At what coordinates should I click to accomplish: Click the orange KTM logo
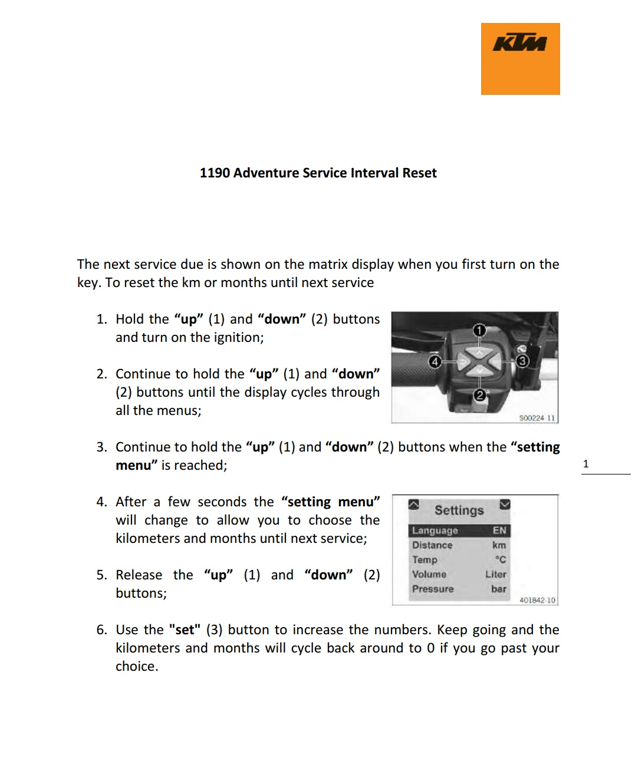pos(520,58)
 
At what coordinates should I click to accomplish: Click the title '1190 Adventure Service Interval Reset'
pos(318,173)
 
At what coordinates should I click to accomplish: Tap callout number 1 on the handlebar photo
pos(479,330)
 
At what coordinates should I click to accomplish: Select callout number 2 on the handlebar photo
pos(480,395)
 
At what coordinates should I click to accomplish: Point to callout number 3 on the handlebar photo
pos(522,361)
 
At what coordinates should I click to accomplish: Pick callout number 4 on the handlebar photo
pos(435,361)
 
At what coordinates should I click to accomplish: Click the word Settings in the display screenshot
pos(459,510)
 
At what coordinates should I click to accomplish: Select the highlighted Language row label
pos(435,530)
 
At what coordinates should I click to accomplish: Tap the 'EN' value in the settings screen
pos(499,530)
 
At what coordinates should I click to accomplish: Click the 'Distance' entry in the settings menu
pos(432,545)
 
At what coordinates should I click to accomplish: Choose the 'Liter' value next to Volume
pos(496,574)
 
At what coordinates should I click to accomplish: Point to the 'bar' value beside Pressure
pos(499,589)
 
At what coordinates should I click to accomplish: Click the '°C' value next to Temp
pos(501,559)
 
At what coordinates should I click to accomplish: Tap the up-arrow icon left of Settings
pos(414,505)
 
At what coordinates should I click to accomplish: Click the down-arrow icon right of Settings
pos(505,505)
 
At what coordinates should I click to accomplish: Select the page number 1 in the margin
pos(585,464)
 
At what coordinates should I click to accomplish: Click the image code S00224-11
pos(537,418)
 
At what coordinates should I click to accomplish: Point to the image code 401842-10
pos(537,600)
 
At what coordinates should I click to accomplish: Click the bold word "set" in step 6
pos(185,630)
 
